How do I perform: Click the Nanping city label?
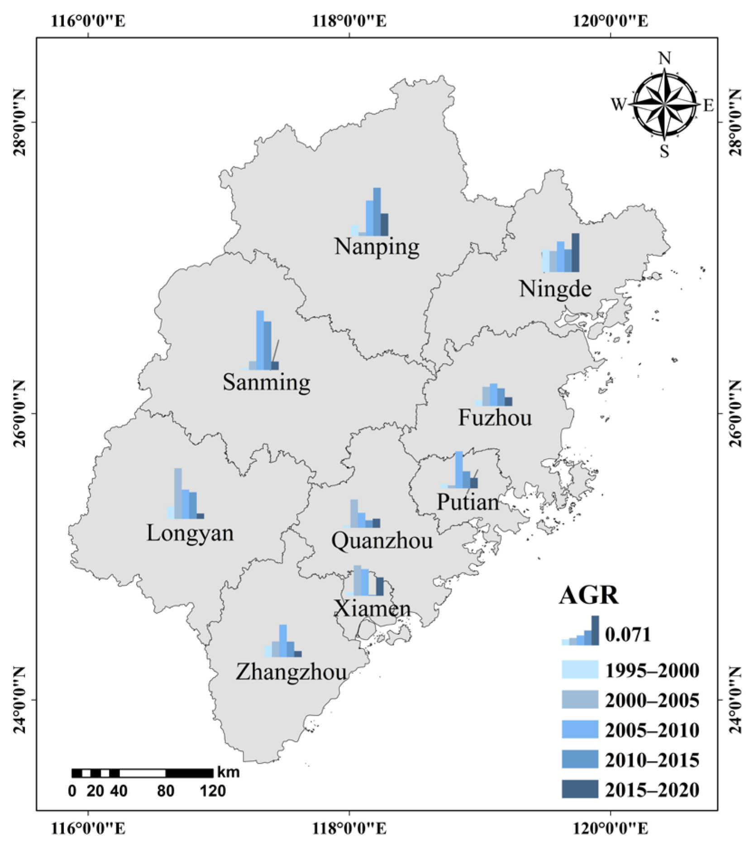(377, 247)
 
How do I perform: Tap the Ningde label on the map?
(555, 289)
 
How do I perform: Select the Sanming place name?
(266, 382)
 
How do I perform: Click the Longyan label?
(190, 533)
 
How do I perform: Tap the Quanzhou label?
(382, 540)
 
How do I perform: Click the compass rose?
(664, 105)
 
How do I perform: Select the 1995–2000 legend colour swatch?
(580, 669)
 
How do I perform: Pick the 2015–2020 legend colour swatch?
(580, 789)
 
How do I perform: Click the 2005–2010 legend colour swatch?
(580, 729)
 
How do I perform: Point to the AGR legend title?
(588, 595)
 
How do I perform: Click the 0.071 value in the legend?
(628, 634)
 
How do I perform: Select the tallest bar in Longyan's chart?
(178, 493)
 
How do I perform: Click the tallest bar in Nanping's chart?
(377, 212)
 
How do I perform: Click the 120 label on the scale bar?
(213, 791)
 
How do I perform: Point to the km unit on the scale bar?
(228, 772)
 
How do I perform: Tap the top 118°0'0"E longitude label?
(349, 21)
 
